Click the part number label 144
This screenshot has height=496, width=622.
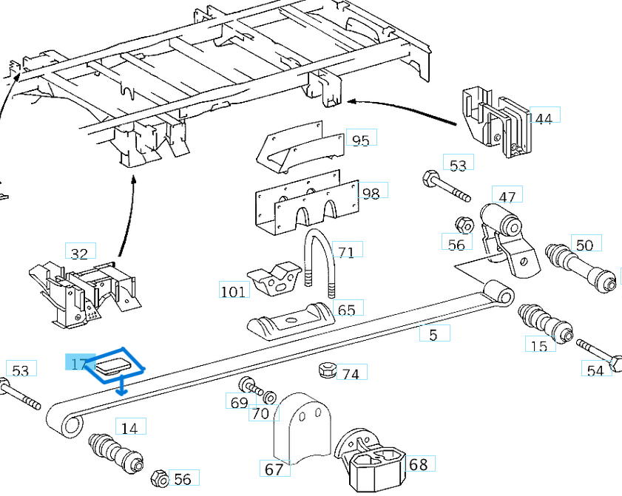click(x=544, y=118)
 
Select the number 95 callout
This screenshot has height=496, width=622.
click(x=361, y=140)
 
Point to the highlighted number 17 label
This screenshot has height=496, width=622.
click(x=79, y=364)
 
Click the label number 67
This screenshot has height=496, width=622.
click(x=274, y=469)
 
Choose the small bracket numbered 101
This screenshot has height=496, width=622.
click(x=272, y=279)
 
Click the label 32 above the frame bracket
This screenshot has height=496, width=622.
click(x=79, y=254)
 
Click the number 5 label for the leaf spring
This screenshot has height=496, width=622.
click(x=433, y=335)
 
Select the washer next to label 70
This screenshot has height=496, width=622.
click(x=270, y=398)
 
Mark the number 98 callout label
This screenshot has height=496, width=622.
click(x=371, y=193)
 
